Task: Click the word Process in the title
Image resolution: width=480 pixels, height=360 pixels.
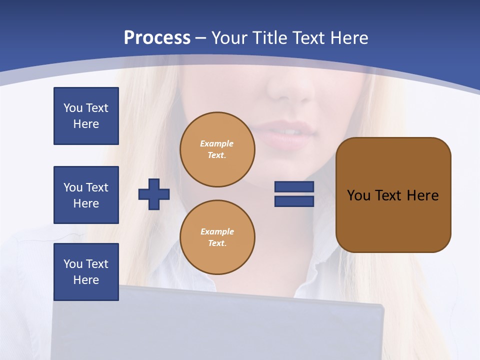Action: (x=157, y=38)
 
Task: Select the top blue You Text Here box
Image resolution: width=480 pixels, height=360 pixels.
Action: (x=86, y=116)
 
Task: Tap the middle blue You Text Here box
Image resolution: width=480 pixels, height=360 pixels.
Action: (x=86, y=195)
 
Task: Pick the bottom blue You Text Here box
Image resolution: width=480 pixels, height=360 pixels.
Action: (x=86, y=272)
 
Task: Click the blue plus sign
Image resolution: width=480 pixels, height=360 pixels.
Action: (x=154, y=194)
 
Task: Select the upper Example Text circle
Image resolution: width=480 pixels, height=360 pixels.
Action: (x=217, y=149)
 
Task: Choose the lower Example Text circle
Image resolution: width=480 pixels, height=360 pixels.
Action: (x=217, y=237)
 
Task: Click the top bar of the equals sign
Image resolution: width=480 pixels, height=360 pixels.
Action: (x=294, y=187)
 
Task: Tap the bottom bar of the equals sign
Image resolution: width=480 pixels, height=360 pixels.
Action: (x=294, y=201)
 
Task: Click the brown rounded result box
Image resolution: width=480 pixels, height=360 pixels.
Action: (x=393, y=220)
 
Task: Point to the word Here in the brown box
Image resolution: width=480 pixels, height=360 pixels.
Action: (x=422, y=195)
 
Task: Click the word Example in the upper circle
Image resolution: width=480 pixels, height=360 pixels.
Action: (x=216, y=144)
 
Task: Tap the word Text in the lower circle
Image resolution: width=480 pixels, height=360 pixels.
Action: (x=216, y=243)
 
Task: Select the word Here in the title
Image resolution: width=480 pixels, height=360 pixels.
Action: (x=349, y=38)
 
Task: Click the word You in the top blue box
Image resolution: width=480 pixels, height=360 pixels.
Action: (x=73, y=108)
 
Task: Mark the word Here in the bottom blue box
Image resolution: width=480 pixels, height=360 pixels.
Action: (x=86, y=280)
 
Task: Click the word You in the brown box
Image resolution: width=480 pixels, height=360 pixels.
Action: (x=358, y=195)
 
